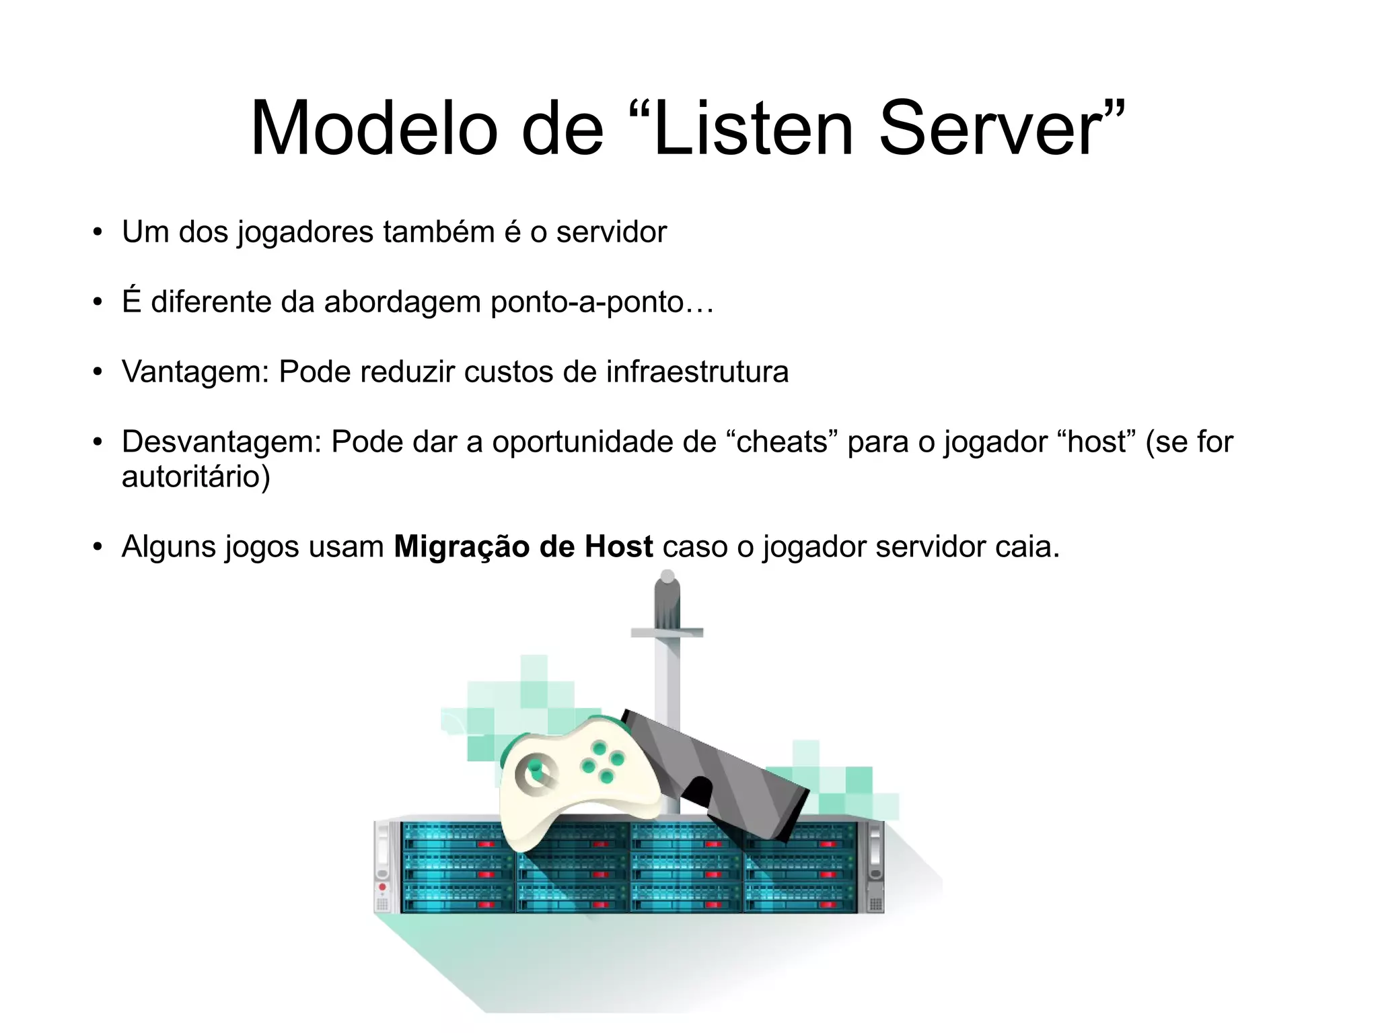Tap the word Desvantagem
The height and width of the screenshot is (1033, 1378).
point(221,442)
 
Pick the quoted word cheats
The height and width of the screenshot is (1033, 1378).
point(782,442)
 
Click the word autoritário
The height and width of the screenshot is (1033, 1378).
point(195,477)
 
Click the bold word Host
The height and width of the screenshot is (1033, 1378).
point(618,546)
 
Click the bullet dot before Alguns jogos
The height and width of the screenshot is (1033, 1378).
point(98,546)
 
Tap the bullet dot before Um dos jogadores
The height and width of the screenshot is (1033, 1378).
point(98,232)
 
